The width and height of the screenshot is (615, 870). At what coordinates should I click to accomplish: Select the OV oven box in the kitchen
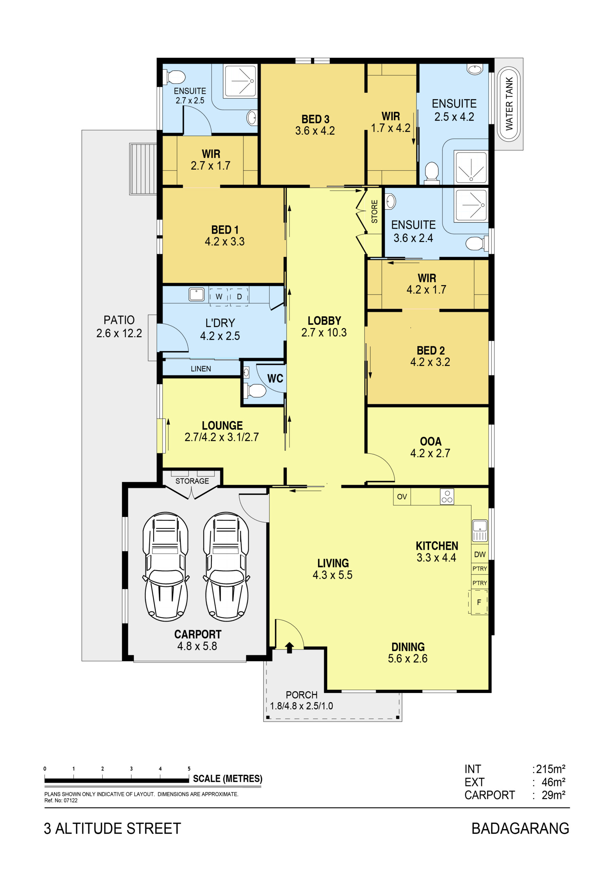coord(402,497)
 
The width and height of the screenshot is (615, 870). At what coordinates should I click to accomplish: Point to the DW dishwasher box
coord(480,554)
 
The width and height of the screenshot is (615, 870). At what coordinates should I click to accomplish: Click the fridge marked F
coord(479,602)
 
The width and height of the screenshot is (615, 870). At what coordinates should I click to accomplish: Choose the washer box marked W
coord(219,296)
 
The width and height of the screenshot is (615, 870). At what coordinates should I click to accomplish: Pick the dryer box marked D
coord(239,296)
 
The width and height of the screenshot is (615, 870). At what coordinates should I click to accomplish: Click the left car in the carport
coord(165,567)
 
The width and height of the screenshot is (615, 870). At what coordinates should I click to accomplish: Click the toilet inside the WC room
coord(254,391)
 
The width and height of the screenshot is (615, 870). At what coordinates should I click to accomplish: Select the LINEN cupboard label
coord(201,369)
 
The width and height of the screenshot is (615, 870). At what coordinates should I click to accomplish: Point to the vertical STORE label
coord(374,211)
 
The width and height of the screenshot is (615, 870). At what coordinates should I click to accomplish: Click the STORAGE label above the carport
coord(192,481)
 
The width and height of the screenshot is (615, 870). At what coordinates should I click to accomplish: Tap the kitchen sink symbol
coord(480,530)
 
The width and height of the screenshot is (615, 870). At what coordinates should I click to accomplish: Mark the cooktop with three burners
coord(447,497)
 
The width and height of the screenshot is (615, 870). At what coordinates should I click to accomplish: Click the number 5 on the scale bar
coord(189,768)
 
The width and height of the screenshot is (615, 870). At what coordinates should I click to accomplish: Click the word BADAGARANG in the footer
coord(520,829)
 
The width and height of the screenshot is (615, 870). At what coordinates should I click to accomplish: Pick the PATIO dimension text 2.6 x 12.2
coord(119,333)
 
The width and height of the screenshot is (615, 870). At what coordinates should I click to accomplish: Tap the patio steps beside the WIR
coord(143,169)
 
